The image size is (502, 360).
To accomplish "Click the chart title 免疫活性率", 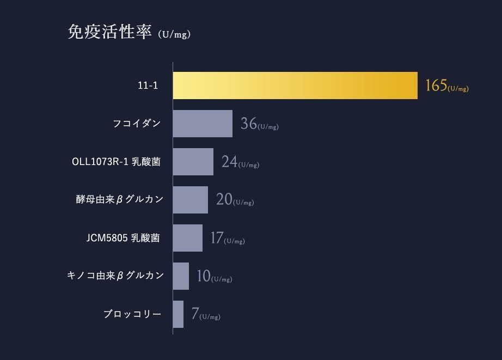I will (109, 32).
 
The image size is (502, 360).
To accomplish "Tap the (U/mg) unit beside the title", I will (174, 35).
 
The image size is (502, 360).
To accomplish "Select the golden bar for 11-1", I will (295, 86).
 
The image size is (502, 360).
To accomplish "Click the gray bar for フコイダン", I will (203, 124).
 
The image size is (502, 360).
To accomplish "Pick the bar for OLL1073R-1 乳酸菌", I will (193, 162).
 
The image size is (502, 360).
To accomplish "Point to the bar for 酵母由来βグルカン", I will (191, 200).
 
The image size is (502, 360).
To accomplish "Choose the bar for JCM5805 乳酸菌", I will (188, 238).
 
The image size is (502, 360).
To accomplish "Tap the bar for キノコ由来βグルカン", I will (181, 276).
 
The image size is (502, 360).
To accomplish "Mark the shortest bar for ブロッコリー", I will (178, 314).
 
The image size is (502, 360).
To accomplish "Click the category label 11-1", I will (148, 86).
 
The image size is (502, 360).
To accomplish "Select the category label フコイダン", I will (137, 124).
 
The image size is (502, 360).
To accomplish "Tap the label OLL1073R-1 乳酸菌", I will (116, 162).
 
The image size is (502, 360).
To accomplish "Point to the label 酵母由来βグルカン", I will (119, 200).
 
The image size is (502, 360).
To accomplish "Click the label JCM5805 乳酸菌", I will (123, 238).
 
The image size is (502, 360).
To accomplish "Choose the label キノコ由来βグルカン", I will (115, 276).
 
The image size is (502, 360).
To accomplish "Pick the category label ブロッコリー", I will (132, 314).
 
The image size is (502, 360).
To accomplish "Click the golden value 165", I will (436, 86).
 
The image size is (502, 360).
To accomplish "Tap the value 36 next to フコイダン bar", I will (249, 124).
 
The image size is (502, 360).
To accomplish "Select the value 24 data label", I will (229, 162).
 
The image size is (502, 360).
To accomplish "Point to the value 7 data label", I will (195, 314).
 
